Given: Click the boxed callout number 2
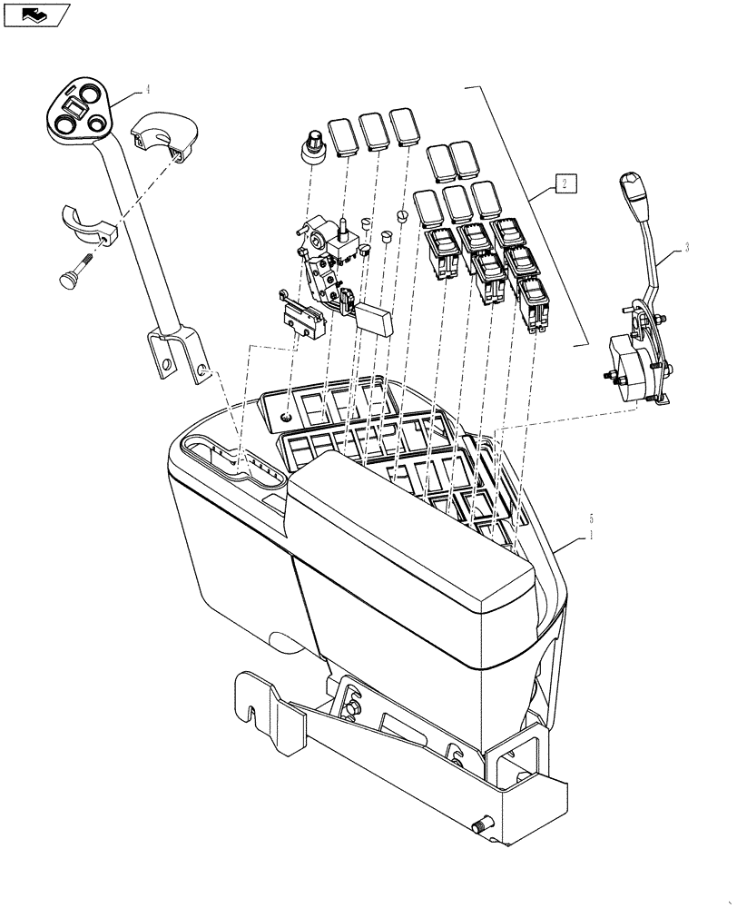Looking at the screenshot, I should [564, 184].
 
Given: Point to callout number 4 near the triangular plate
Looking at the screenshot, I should [146, 91].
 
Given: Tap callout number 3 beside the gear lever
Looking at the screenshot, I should [686, 248].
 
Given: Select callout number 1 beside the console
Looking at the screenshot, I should [593, 536].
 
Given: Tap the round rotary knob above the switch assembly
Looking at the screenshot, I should [313, 146].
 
